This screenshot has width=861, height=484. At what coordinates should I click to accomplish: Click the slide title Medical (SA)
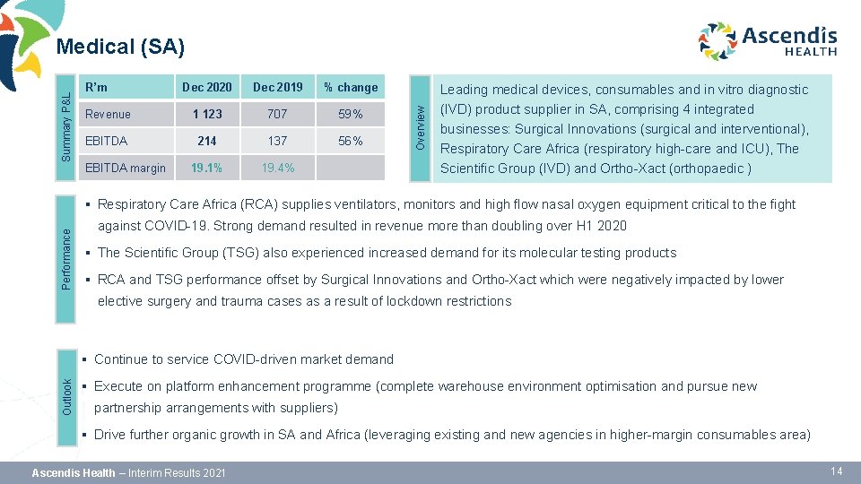120,46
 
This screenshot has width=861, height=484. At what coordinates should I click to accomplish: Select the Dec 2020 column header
206,87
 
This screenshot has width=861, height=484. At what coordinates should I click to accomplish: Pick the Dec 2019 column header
278,87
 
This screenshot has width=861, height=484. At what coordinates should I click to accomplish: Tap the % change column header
351,87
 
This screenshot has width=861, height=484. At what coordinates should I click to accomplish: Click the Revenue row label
108,114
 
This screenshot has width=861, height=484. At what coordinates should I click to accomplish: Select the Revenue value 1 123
206,114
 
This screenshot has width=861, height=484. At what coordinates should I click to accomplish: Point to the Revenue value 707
278,114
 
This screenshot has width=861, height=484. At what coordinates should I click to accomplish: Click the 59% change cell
351,114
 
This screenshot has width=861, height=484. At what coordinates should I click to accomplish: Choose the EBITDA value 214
206,141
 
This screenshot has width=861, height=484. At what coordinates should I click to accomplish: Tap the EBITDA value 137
278,141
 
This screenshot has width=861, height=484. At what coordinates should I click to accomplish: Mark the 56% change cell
351,141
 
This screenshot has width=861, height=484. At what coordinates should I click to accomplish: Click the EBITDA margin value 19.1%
206,168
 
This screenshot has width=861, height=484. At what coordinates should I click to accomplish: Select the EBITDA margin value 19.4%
278,168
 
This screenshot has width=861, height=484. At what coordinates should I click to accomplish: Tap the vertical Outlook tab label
66,394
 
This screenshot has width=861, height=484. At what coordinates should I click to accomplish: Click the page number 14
836,471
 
